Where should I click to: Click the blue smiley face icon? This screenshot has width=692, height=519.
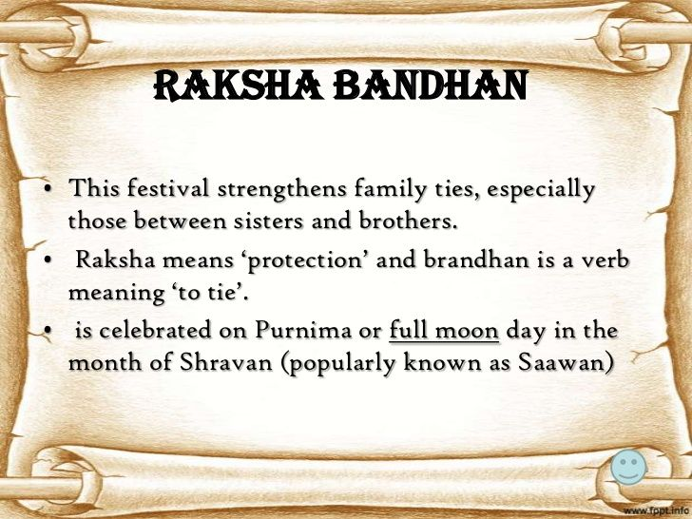(627, 467)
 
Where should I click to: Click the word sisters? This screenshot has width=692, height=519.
(260, 222)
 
